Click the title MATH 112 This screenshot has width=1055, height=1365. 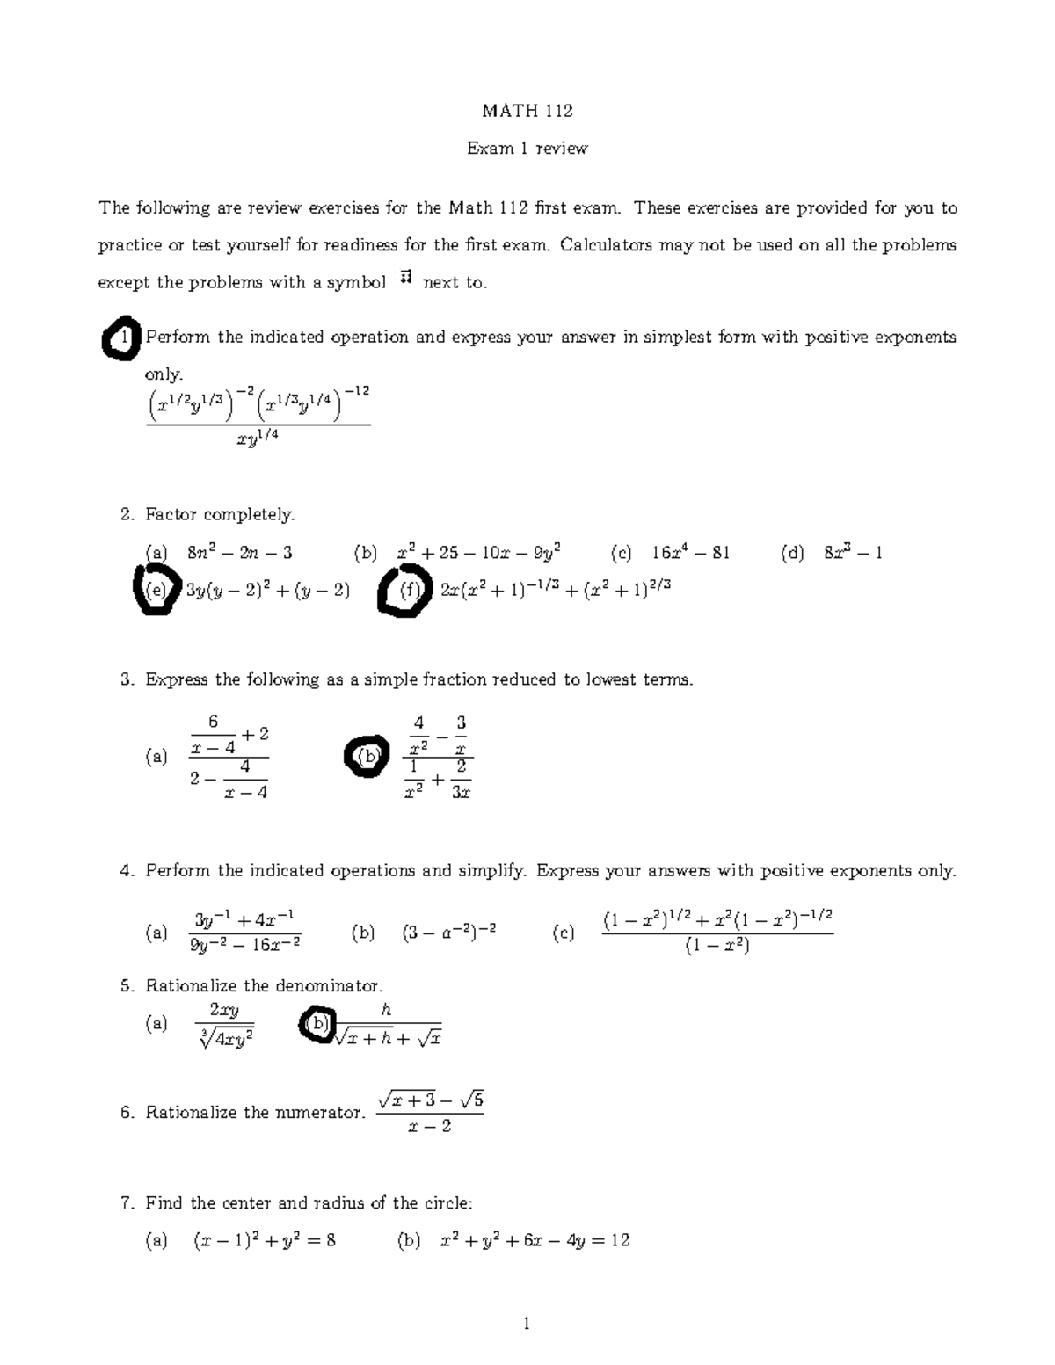pos(527,111)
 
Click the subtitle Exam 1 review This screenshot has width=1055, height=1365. pos(527,149)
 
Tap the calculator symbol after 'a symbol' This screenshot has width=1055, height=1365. pos(405,280)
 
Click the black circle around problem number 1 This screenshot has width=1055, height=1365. pos(120,338)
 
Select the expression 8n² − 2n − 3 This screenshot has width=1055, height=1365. pos(240,553)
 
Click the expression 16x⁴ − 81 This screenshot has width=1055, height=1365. pos(690,553)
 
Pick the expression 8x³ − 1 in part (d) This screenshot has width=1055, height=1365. pos(853,553)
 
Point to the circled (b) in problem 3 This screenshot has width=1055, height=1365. pos(367,756)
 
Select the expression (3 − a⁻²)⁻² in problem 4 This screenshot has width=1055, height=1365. pos(449,933)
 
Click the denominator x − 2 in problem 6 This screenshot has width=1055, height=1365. pos(430,1126)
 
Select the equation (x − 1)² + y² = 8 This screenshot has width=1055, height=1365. pos(264,1241)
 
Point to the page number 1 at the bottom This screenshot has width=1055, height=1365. pos(527,1324)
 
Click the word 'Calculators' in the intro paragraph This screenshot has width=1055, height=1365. pos(605,245)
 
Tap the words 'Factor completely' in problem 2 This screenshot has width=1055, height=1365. pos(220,514)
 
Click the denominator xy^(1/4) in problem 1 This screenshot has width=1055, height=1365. pos(258,440)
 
